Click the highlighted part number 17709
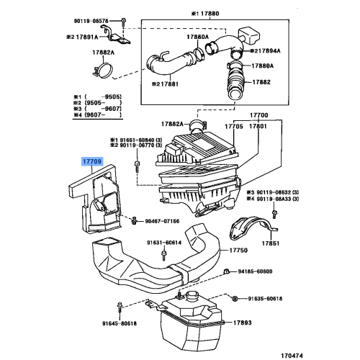[92, 164]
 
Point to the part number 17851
[270, 244]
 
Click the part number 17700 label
[258, 114]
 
